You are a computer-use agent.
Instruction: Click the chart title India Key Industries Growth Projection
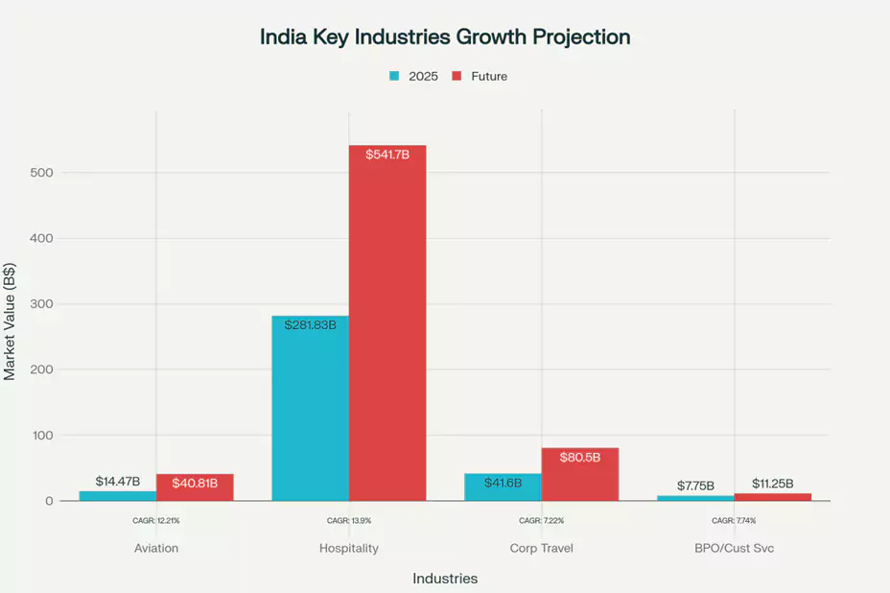point(445,37)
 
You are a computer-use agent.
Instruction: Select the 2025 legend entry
point(413,77)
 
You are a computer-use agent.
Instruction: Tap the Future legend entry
point(480,77)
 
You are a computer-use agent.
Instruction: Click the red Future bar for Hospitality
point(386,326)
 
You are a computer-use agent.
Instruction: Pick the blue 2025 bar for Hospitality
point(310,413)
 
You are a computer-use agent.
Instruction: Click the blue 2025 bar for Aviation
point(118,496)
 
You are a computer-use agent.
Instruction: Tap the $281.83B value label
point(310,325)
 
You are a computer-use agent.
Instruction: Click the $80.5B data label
point(580,458)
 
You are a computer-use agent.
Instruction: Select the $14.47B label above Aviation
point(118,481)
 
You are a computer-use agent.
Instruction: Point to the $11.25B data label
point(773,484)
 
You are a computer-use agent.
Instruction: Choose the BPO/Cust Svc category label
point(734,549)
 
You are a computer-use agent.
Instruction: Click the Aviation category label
point(156,549)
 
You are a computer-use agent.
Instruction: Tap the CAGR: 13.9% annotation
point(349,521)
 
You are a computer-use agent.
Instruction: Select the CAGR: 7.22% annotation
point(541,521)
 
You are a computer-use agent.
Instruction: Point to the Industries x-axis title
point(445,579)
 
